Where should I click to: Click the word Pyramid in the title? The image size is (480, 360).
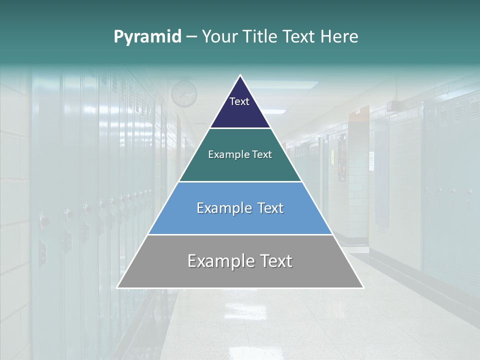147,37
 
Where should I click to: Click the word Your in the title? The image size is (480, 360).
220,36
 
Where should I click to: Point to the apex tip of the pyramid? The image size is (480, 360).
240,76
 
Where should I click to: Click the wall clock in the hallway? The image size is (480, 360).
184,93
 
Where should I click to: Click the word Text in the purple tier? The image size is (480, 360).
239,101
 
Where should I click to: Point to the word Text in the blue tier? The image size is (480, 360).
270,208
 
